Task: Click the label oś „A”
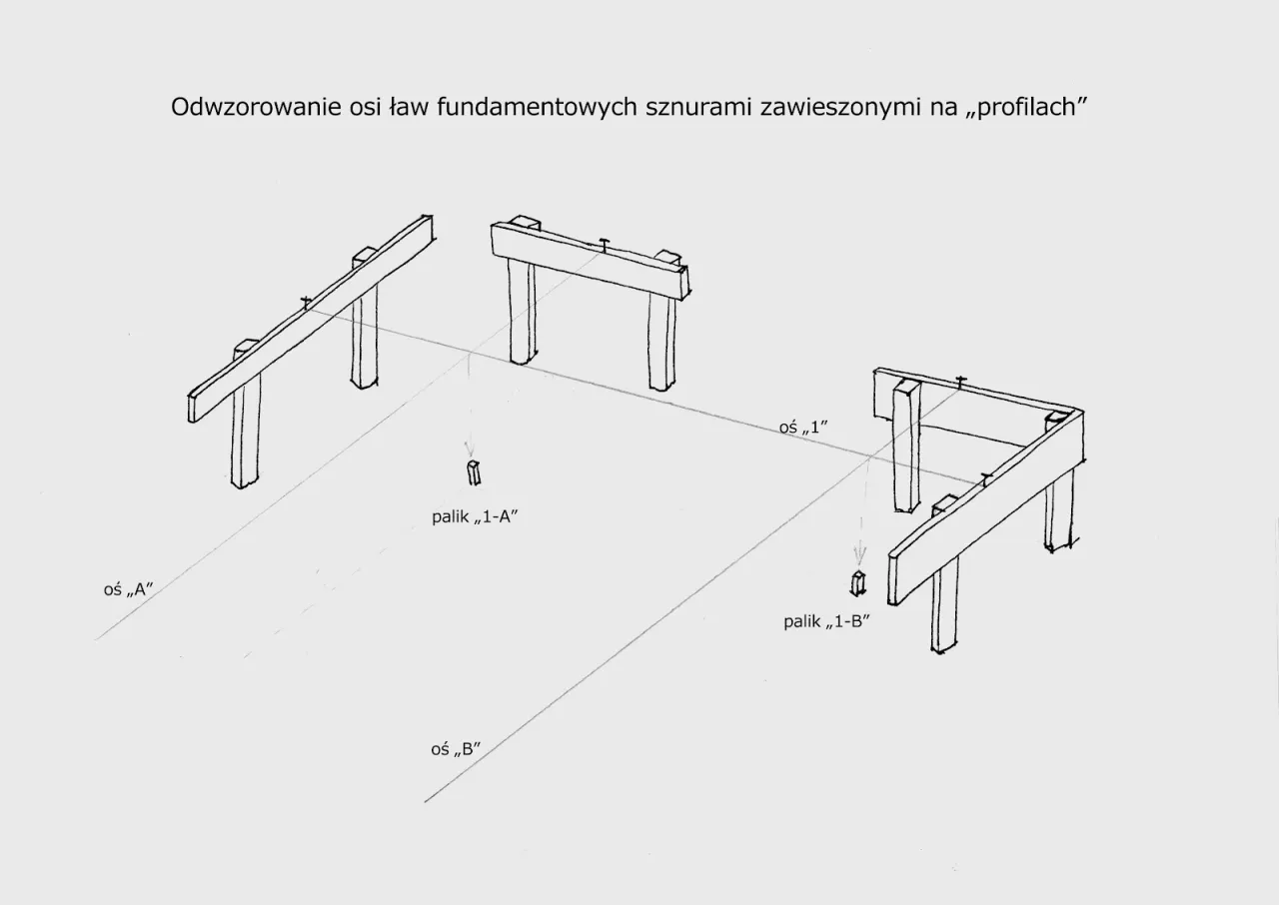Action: pos(127,590)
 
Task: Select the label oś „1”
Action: pos(804,428)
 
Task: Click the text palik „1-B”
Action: pos(827,621)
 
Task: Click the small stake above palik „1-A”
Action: pos(474,473)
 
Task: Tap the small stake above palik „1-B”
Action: pos(856,582)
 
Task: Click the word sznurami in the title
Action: pos(699,108)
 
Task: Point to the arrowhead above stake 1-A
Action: pos(470,452)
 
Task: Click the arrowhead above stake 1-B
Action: pos(857,559)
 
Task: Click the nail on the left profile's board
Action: pos(305,300)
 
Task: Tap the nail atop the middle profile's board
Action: pos(605,243)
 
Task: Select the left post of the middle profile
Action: pos(522,310)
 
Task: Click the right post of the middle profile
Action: pos(661,340)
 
